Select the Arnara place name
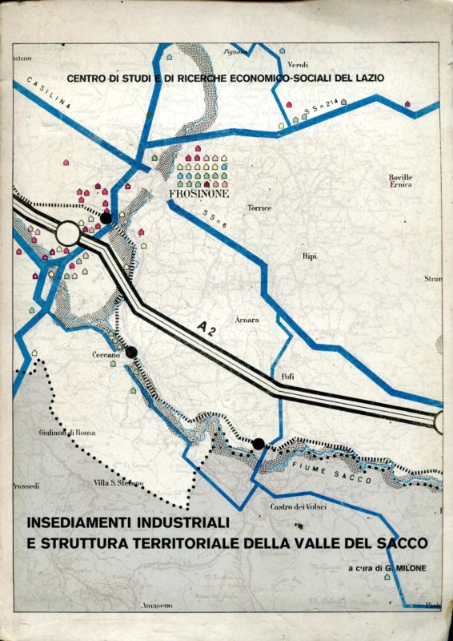point(247,320)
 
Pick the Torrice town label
point(259,208)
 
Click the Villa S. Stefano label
point(118,482)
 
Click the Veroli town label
point(299,64)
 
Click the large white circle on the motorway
point(69,234)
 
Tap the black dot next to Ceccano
point(131,353)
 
